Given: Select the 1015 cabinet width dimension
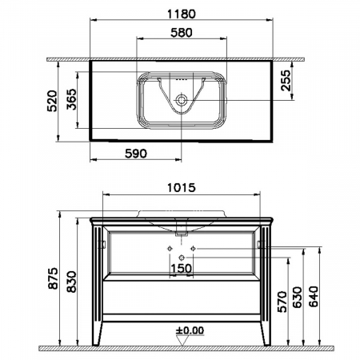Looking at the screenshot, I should [182, 190].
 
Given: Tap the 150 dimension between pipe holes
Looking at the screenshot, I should [182, 270].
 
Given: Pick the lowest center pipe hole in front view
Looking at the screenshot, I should [182, 256].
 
